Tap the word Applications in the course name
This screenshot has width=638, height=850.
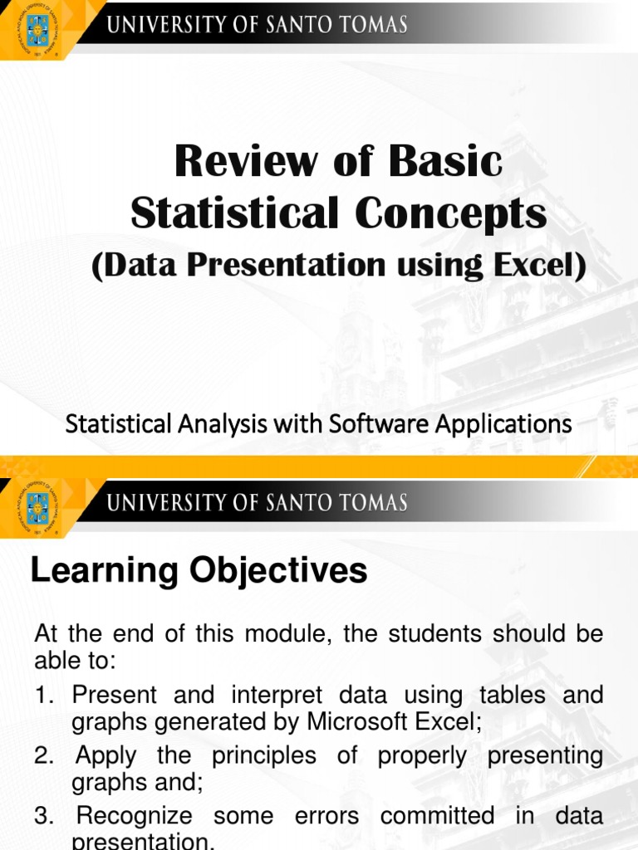click(505, 423)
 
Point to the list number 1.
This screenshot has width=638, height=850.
click(43, 695)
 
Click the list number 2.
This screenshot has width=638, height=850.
click(43, 755)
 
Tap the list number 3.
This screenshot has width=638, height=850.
click(43, 816)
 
